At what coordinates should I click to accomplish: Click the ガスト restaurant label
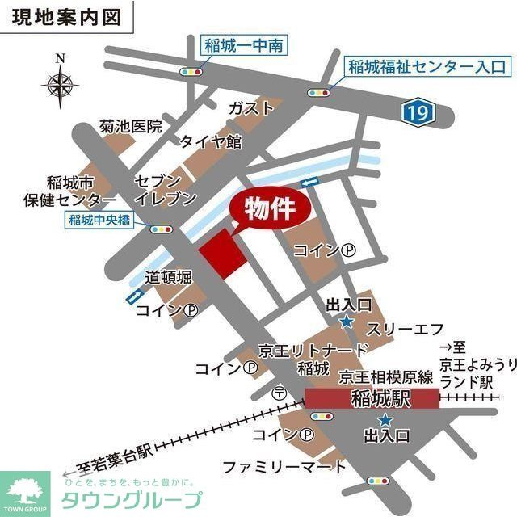point(248,108)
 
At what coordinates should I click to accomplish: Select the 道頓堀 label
point(169,277)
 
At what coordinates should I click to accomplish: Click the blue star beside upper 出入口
point(347,322)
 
